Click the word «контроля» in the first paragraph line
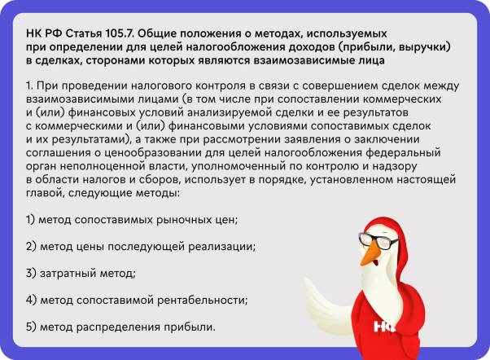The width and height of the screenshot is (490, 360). tap(218, 86)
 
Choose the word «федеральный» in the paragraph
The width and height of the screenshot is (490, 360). tap(403, 152)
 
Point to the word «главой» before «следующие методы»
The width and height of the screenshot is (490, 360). tap(46, 193)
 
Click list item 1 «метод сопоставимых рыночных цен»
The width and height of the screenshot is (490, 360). tap(132, 220)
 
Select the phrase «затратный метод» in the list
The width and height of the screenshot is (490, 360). tap(88, 274)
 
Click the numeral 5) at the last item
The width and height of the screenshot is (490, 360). tap(31, 327)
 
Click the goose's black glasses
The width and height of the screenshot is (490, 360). tap(378, 240)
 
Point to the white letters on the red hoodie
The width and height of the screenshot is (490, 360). tap(384, 327)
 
